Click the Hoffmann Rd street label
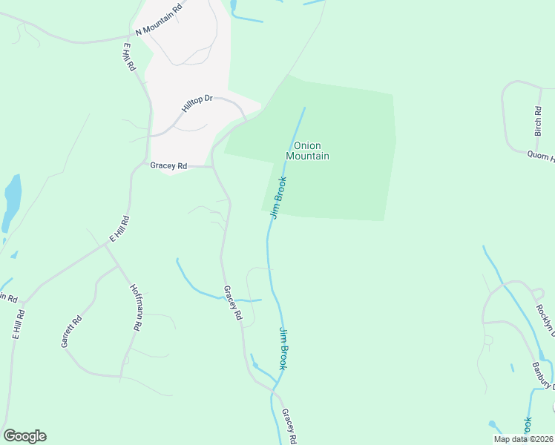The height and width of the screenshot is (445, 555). coord(137,307)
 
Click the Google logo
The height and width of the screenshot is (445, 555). coord(24,436)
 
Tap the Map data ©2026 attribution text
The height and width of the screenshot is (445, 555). coord(522,439)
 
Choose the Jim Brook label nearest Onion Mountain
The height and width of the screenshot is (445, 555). coord(279,197)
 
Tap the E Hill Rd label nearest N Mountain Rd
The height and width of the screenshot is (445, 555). coord(128,56)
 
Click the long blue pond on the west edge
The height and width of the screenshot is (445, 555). coord(12,202)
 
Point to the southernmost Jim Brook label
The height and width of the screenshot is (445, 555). coord(288,348)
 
